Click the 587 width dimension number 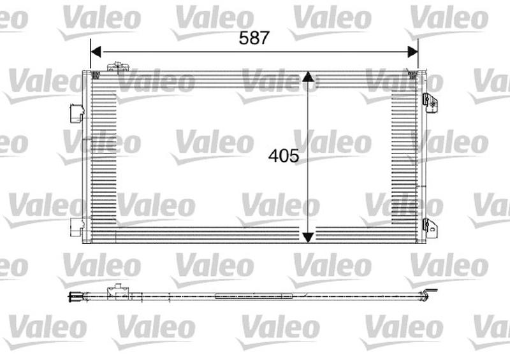tap(254, 37)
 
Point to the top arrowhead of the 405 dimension tap(308, 77)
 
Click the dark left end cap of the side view tap(73, 295)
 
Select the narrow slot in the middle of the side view tap(254, 296)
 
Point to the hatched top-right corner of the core tap(412, 75)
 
